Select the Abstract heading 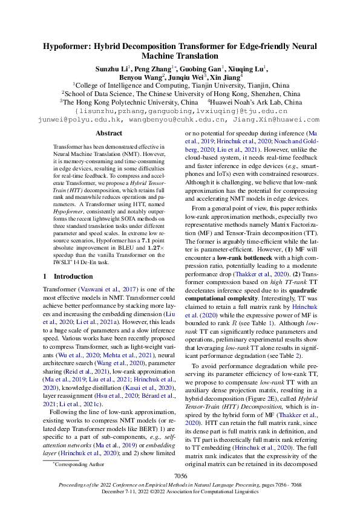tap(109, 133)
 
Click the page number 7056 tap(180, 476)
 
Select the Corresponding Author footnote tap(77, 464)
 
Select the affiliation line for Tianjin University tap(180, 86)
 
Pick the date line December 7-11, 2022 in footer tap(180, 491)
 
